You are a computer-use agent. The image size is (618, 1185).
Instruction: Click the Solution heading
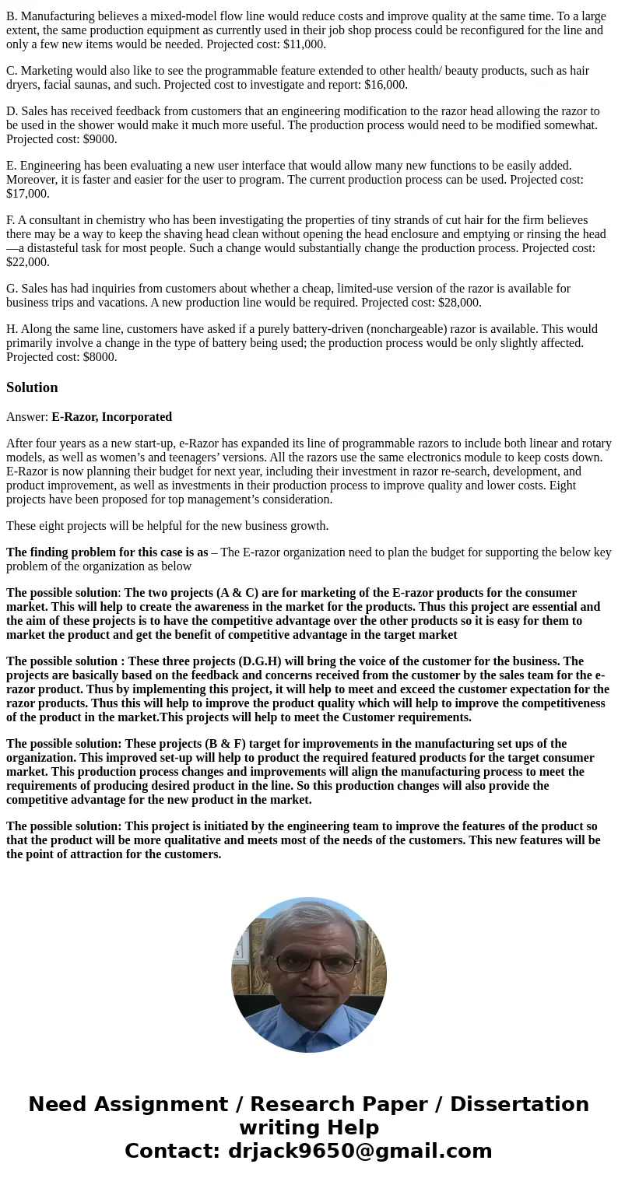tap(32, 387)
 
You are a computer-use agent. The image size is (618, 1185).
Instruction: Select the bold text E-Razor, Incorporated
tap(111, 417)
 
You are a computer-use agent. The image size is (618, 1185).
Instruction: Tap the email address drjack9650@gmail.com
tap(360, 1151)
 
